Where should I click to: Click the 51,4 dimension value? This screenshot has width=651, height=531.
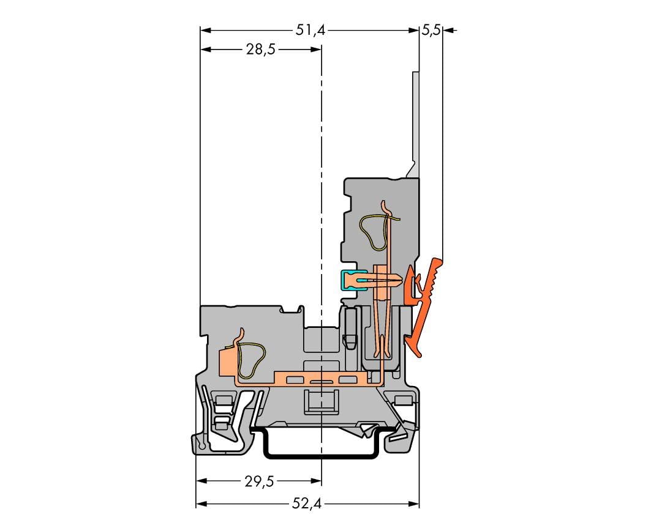pos(310,31)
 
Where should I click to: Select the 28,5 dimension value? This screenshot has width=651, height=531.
pos(261,50)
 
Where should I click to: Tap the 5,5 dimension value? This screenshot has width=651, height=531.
pos(431,31)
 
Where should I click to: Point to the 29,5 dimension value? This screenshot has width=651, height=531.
pos(259,481)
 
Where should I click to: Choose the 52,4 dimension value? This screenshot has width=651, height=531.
pos(307,504)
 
